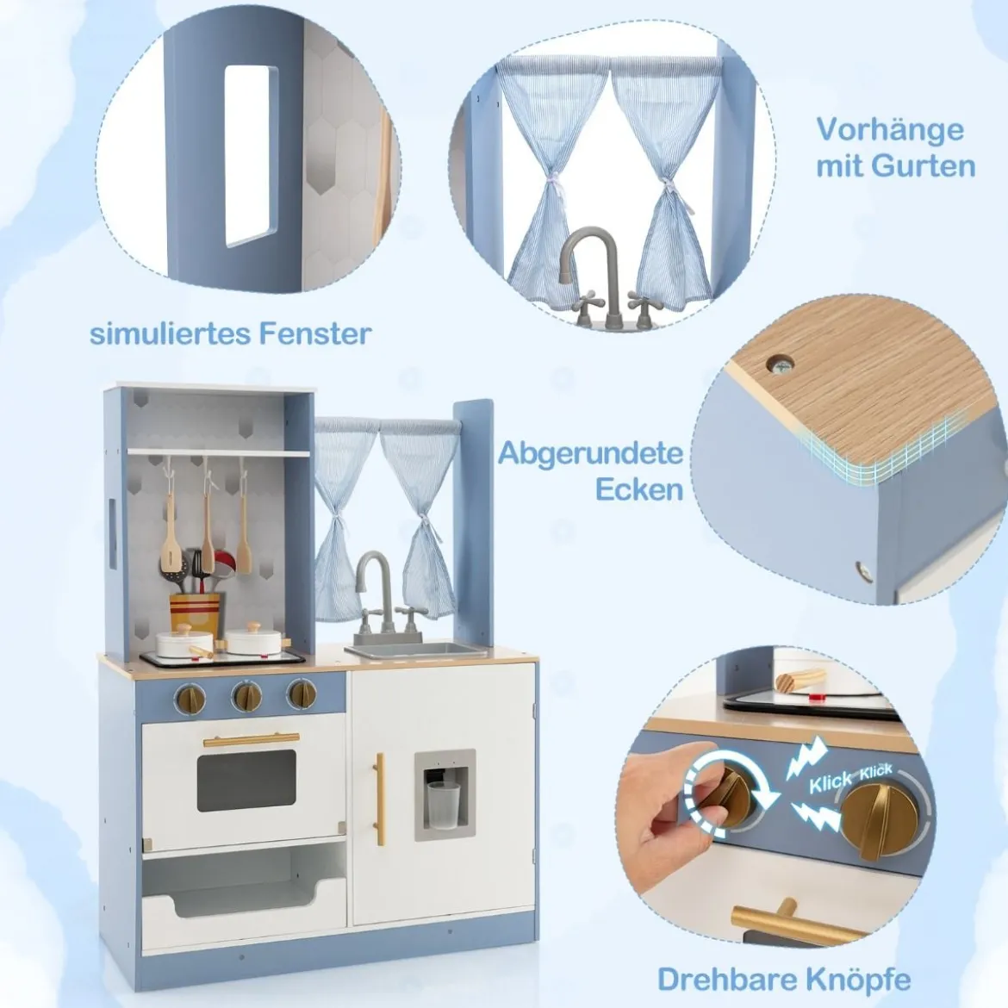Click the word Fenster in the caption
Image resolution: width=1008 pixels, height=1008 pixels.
315,333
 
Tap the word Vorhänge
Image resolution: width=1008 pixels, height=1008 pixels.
890,130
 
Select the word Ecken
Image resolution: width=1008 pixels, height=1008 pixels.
639,489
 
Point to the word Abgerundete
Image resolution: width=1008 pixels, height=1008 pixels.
590,453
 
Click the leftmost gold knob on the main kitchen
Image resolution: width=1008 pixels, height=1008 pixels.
191,697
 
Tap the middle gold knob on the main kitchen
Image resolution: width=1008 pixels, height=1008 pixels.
247,694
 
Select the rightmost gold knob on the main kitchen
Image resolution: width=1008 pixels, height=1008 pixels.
302,693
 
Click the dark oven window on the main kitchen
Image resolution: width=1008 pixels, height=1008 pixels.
246,780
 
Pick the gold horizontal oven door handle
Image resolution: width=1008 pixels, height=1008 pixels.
252,739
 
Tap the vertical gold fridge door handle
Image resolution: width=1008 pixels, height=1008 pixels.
380,792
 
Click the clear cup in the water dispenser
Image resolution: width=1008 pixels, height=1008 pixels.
443,805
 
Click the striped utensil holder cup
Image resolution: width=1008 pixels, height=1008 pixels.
194,613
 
